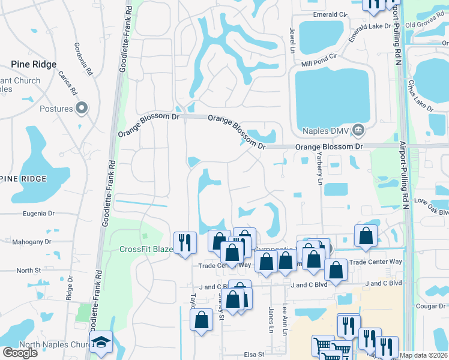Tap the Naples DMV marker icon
pos(358,129)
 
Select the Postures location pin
pos(82,109)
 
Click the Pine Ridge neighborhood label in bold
pos(34,64)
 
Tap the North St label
pos(29,271)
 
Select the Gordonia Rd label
pos(83,55)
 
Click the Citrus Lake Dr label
pos(420,95)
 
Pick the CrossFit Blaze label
pos(146,250)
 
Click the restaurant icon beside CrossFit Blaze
pos(185,242)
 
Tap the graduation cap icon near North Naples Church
pos(101,341)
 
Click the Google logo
pos(20,353)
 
